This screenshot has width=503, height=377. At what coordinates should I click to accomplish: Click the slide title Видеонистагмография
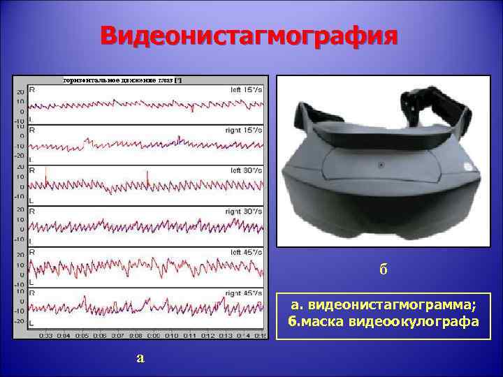250,35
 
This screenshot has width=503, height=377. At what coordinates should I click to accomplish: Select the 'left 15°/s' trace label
247,90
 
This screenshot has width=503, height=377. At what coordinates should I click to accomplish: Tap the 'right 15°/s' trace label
245,131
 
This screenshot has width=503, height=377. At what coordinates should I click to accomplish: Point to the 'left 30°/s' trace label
247,170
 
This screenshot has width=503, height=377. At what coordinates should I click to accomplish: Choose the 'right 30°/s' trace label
245,212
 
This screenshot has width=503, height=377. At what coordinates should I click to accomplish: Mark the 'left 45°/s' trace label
247,252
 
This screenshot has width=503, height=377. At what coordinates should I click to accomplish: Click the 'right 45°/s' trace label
245,293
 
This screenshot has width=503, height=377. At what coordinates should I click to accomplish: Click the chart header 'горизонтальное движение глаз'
122,80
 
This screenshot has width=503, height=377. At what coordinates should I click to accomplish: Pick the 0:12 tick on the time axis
207,336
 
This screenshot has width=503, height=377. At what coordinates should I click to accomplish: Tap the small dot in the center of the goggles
381,166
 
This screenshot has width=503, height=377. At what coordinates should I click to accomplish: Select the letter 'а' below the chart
140,357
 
